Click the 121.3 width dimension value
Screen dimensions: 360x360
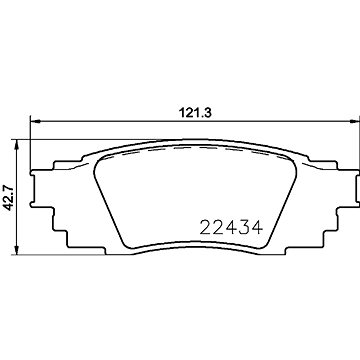[x=196, y=113]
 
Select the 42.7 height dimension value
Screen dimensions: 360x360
[x=8, y=198]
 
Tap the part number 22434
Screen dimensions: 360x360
[x=231, y=228]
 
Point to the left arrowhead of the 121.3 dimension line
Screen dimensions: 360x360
[x=35, y=121]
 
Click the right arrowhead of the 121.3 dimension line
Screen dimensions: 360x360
[x=355, y=121]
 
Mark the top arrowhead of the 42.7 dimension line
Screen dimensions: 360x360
[x=17, y=145]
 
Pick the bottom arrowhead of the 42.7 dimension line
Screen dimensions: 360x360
[x=17, y=250]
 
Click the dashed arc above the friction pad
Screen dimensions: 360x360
[x=196, y=149]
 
